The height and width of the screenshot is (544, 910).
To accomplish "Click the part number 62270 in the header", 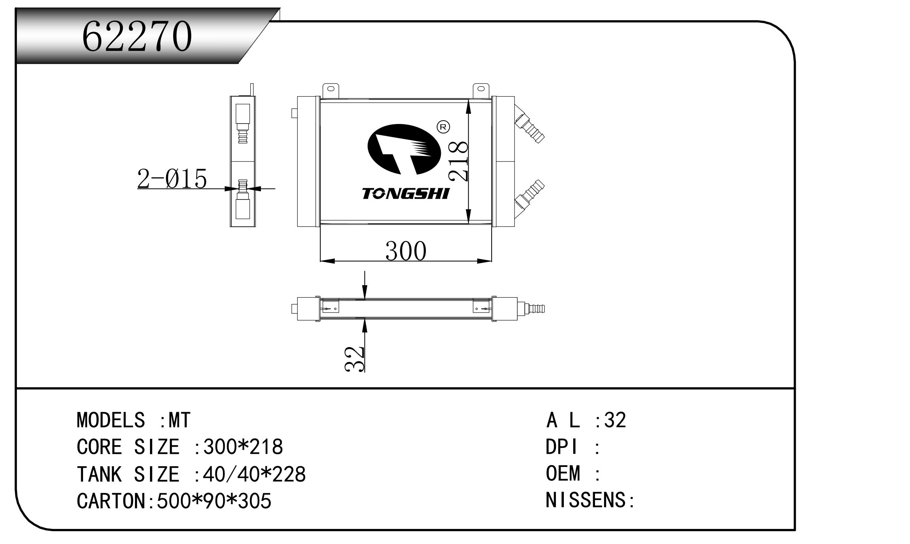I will (x=137, y=36).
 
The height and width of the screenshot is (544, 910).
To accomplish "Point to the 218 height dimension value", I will (x=459, y=162).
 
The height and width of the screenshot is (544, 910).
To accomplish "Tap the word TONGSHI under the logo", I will (x=405, y=194).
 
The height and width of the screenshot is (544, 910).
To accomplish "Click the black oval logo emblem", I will (x=403, y=150).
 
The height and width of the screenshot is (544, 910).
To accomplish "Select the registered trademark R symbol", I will (x=443, y=127).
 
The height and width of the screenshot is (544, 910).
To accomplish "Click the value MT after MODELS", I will (x=180, y=420).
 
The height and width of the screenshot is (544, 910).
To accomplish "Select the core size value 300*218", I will (x=243, y=447).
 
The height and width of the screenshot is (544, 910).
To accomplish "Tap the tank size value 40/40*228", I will (x=254, y=474).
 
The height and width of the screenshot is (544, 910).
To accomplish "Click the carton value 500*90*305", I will (x=213, y=501).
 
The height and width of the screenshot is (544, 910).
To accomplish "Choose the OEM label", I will (x=563, y=473).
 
